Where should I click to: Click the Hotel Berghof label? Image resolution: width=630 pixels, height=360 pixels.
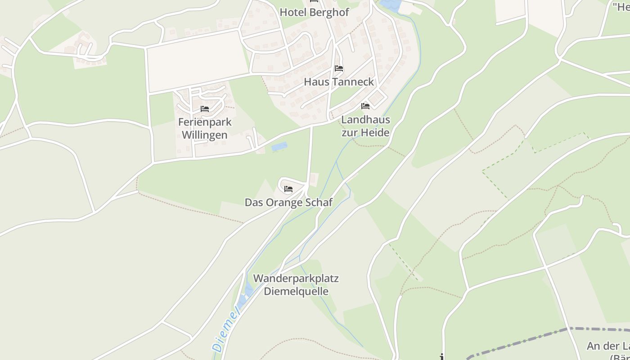coord(314,12)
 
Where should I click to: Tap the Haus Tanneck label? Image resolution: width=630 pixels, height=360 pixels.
coord(339,82)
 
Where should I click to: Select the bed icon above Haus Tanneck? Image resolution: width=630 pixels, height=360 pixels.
coord(339,68)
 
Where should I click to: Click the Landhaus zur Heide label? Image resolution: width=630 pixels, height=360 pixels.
coord(365,126)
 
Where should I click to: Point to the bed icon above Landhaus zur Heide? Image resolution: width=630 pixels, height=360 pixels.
coord(365,106)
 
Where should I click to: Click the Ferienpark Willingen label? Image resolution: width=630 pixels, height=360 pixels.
coord(205,128)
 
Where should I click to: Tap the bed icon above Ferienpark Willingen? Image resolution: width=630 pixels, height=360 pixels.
coord(205,109)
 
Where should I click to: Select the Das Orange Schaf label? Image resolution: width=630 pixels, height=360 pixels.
coord(288,202)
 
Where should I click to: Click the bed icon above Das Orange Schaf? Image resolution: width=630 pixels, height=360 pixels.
coord(288,189)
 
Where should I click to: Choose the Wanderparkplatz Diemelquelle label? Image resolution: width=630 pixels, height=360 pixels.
coord(296,284)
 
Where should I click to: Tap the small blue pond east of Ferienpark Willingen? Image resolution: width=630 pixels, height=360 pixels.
coord(279,147)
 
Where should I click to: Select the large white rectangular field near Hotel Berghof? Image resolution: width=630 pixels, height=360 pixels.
coord(198,61)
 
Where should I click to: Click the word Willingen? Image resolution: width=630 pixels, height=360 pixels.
coord(205,135)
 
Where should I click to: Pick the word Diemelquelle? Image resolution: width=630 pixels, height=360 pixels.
coord(296,291)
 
